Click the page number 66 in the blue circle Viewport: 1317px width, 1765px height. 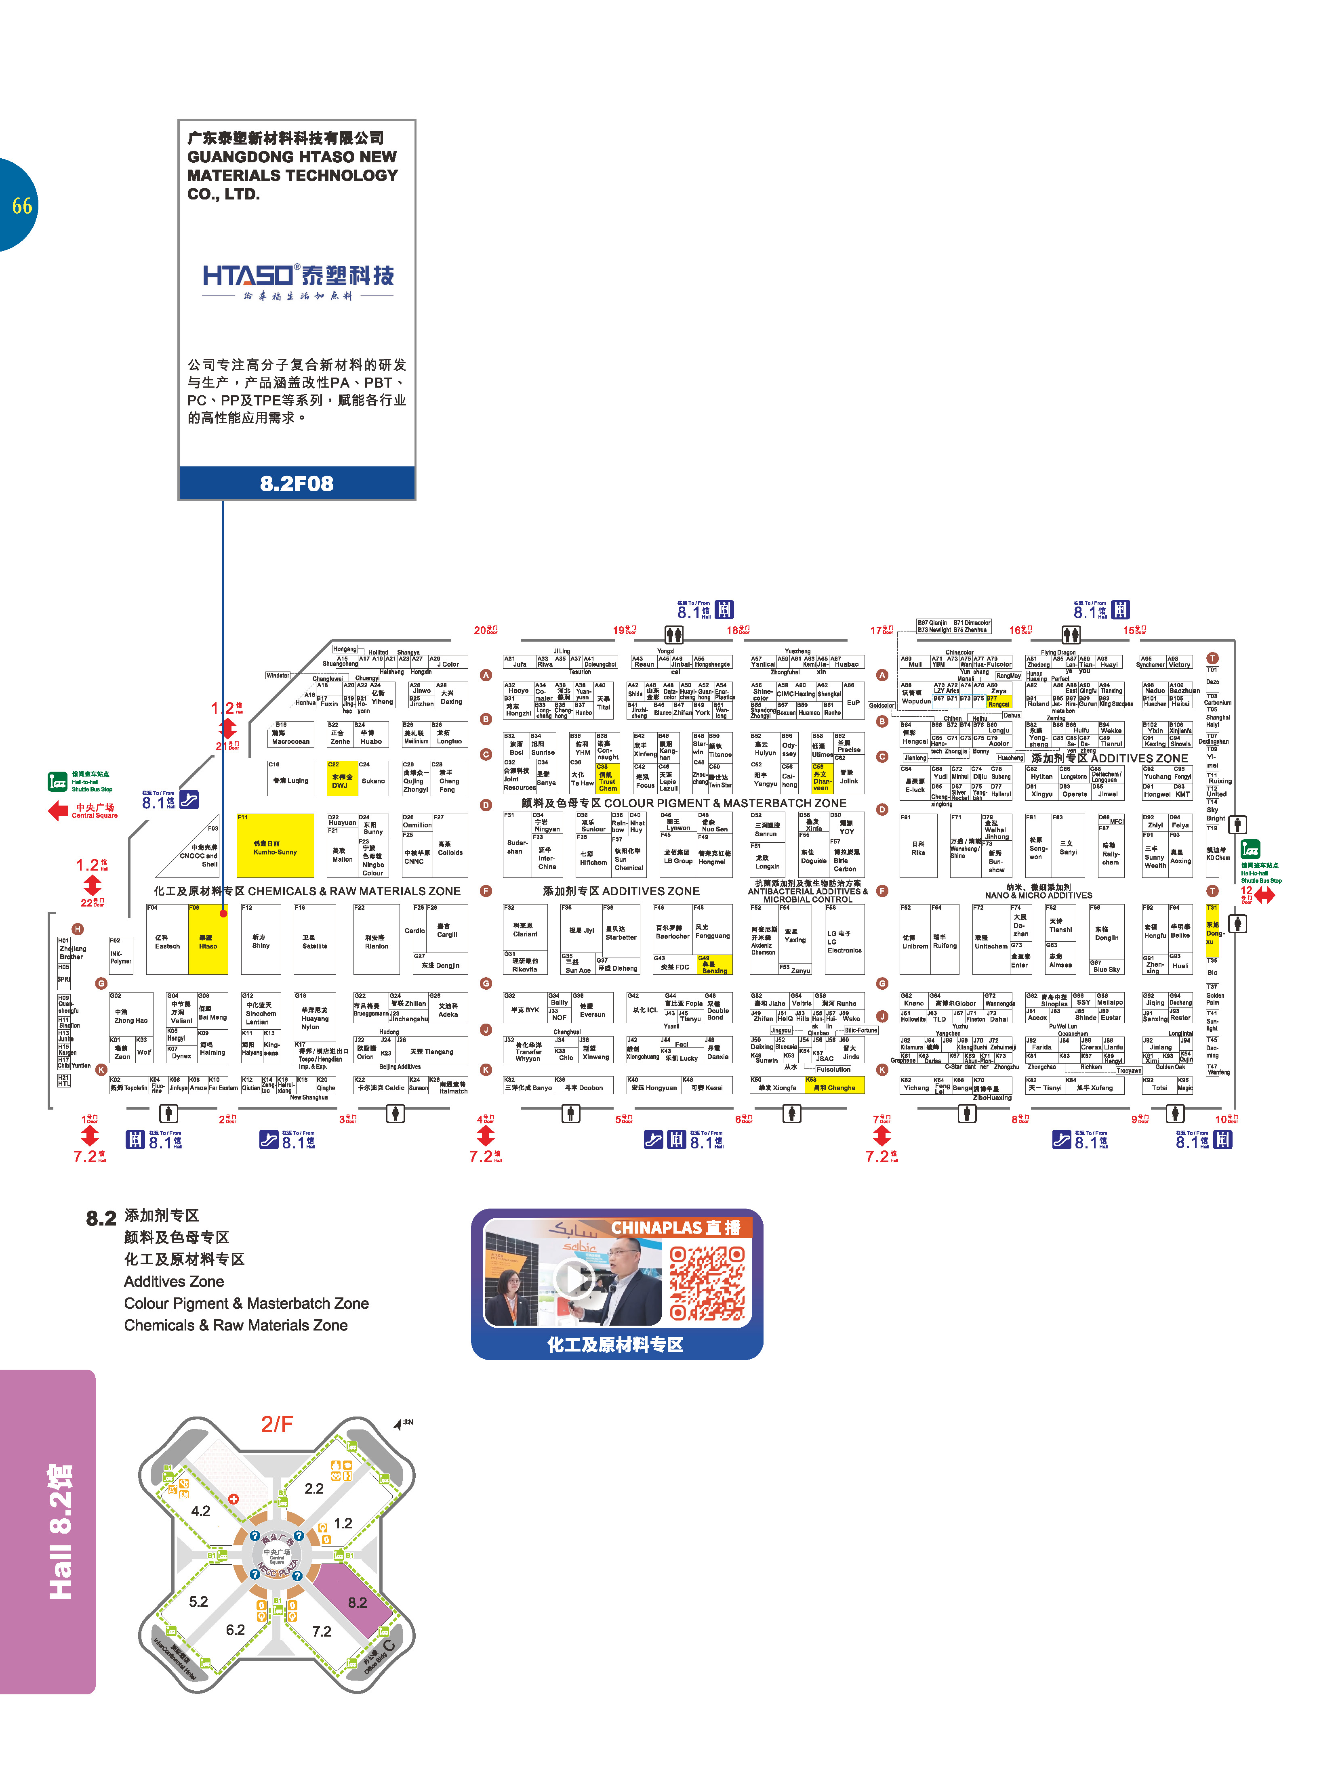pos(21,206)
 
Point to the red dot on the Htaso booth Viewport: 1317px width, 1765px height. pos(223,913)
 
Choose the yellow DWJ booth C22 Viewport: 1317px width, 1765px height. pos(342,777)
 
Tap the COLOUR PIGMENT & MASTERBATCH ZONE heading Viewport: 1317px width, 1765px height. pos(683,803)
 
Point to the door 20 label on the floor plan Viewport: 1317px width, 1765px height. pos(485,630)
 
